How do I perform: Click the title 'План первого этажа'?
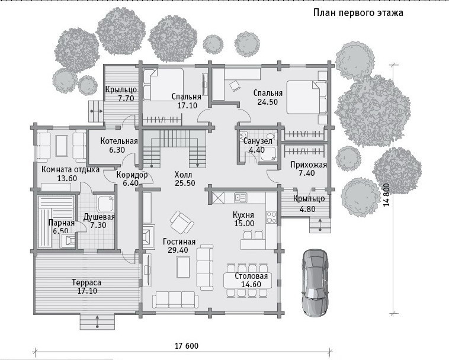pos(358,13)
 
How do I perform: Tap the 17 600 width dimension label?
pos(187,346)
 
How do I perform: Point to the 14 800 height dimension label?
pos(387,195)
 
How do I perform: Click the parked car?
pos(315,283)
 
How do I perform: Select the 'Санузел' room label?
pos(258,141)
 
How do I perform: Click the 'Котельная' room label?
pos(119,141)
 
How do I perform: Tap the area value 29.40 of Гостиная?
pos(178,250)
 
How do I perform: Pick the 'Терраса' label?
pos(86,282)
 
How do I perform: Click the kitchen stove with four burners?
pos(271,217)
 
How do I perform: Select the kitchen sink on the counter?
pos(240,197)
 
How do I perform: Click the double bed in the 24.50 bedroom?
pos(307,97)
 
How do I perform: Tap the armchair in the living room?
pos(181,223)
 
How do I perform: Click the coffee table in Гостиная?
pos(183,267)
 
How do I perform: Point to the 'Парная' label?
pos(62,223)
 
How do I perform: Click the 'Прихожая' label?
pos(309,165)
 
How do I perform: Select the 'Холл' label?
pos(183,174)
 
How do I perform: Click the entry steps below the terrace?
pos(97,322)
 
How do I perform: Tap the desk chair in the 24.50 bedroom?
pos(235,86)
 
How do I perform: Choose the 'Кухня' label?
pos(243,214)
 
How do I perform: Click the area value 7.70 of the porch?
pos(126,98)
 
